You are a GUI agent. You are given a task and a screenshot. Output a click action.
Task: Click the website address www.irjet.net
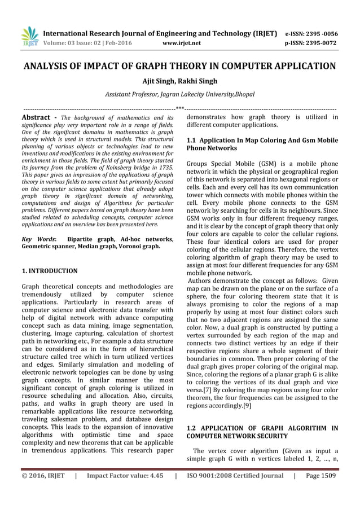[179, 42]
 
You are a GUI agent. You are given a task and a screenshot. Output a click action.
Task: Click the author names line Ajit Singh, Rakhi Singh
[179, 81]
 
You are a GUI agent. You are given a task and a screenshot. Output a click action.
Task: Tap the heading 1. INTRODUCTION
[49, 271]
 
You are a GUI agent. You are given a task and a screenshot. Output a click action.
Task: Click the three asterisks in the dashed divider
[179, 107]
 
